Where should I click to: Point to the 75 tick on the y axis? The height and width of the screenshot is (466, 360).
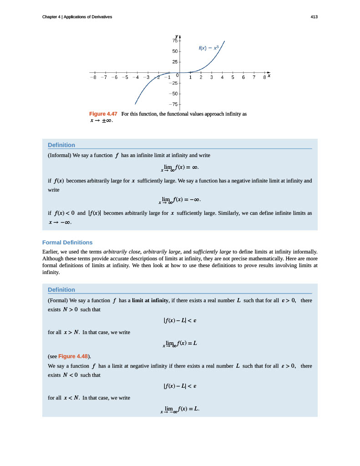coord(175,41)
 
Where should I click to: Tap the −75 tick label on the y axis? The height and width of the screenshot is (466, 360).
coord(173,104)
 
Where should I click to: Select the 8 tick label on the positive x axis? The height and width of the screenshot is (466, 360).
coord(264,77)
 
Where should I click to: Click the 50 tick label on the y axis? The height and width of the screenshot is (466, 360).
coord(175,51)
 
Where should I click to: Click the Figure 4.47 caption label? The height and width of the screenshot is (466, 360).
coord(103,114)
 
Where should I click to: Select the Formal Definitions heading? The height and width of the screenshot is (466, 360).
coord(67,243)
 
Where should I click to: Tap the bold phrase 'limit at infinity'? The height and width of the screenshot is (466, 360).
coord(150,300)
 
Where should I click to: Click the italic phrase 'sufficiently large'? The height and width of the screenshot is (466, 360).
coord(213,251)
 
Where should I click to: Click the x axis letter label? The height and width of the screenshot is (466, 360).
coord(269,76)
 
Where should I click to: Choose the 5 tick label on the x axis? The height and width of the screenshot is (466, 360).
coord(233,77)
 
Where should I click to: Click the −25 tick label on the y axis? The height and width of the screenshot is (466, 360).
coord(173,83)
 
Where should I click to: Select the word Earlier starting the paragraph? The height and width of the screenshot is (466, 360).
coord(50,251)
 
